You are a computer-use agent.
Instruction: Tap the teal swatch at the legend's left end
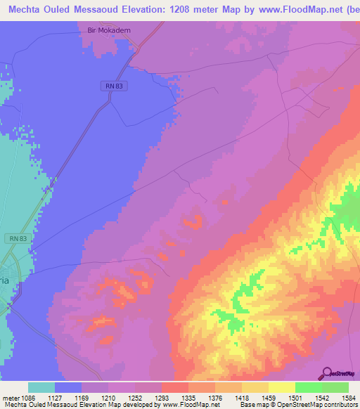(x=41, y=387)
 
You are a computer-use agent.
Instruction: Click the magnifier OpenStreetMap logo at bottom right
(x=328, y=372)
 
